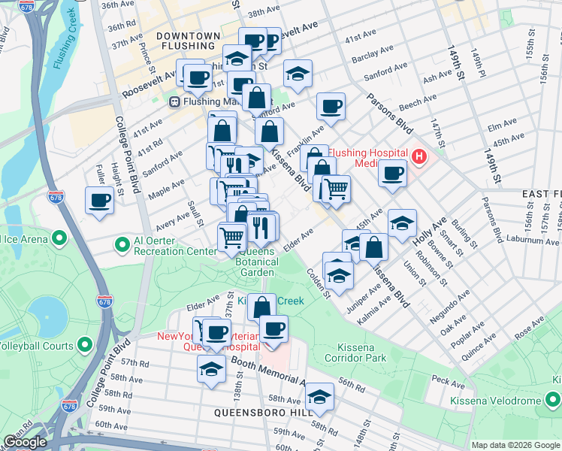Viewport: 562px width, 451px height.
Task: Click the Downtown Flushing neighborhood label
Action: coord(189,41)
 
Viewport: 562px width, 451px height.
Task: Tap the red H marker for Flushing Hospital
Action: coord(419,157)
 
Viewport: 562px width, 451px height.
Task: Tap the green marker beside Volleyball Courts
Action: coord(85,346)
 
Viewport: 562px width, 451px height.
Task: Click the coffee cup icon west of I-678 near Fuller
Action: coord(99,201)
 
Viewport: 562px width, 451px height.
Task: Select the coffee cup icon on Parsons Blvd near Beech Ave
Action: coord(330,106)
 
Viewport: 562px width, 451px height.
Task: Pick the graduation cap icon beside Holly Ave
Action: coord(402,222)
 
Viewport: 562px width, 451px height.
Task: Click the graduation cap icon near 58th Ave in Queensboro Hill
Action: coord(319,397)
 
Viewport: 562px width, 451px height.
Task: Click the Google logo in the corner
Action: coord(25,442)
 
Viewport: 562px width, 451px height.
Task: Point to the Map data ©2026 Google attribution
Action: coord(515,445)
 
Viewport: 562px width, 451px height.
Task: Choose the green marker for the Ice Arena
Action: coord(58,240)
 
